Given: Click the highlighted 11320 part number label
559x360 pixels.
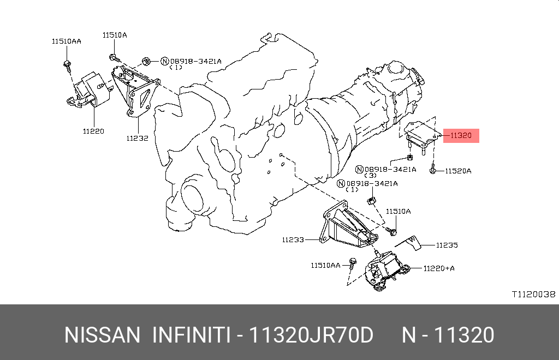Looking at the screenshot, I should [461, 136].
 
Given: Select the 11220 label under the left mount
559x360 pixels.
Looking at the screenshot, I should [93, 131].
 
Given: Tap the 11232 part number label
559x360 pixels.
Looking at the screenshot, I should [137, 139].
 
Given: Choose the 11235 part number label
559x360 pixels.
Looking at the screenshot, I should [447, 245].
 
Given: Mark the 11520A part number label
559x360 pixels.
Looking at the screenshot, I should [457, 171].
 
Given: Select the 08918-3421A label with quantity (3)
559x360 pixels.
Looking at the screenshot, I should [390, 170].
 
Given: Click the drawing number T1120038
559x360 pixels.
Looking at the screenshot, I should [533, 294].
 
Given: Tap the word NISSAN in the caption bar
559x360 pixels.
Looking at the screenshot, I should [102, 335].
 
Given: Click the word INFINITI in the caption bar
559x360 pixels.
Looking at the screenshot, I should [191, 335].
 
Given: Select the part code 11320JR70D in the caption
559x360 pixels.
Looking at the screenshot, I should [311, 335].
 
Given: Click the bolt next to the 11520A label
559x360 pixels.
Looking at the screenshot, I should [432, 170].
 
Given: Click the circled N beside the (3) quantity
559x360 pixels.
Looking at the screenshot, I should [360, 170].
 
